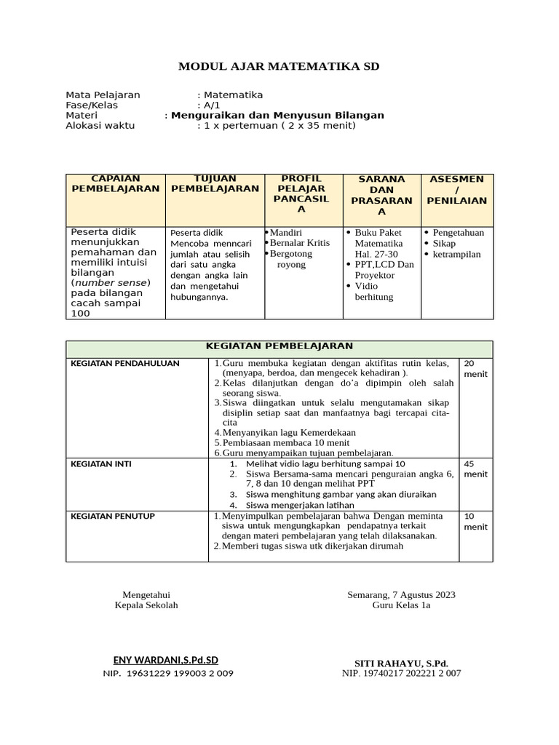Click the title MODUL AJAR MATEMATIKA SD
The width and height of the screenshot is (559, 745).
pos(279,67)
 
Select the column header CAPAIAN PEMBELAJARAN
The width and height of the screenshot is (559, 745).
pos(115,183)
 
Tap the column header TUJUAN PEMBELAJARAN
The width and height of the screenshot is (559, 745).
pos(215,183)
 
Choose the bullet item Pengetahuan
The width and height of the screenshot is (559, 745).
pos(458,233)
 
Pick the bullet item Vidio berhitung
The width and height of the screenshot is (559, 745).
pos(374,292)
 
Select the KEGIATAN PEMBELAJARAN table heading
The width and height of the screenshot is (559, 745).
pos(279,346)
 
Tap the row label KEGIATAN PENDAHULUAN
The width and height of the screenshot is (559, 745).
pos(124,363)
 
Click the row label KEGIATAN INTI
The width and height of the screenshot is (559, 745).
pos(95,463)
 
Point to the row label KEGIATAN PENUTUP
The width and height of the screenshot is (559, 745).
pos(112,516)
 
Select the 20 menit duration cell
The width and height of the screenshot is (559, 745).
pos(475,368)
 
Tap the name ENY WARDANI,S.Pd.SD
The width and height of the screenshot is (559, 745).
pos(166,660)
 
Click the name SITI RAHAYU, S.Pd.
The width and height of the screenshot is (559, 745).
pos(401,664)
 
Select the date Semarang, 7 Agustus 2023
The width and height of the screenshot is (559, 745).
pos(401,594)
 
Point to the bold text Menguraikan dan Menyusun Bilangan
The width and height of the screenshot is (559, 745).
pos(277,115)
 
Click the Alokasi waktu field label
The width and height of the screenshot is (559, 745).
pos(100,125)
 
